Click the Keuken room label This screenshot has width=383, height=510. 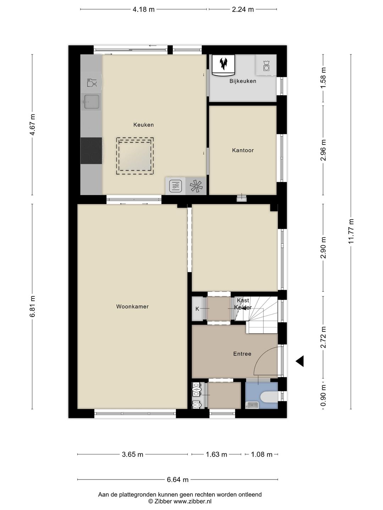(x=143, y=125)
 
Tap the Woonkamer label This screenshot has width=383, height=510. (x=132, y=307)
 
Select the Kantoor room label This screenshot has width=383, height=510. (x=243, y=150)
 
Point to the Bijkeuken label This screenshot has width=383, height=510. (x=243, y=81)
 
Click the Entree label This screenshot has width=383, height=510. (x=242, y=354)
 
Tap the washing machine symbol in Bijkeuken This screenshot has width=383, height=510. (x=266, y=66)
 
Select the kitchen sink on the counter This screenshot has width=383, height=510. (x=91, y=102)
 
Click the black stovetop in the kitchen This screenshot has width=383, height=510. (x=91, y=151)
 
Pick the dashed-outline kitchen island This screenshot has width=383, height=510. (x=135, y=156)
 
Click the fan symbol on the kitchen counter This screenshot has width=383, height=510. (x=196, y=186)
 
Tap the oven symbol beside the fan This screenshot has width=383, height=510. (x=176, y=186)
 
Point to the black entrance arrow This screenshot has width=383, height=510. (x=300, y=361)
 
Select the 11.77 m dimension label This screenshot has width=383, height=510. (x=351, y=231)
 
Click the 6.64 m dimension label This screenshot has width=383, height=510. (x=178, y=480)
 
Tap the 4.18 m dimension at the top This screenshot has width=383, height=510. (x=144, y=10)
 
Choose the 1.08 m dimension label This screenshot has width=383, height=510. (x=262, y=454)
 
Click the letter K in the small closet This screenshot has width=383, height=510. (x=197, y=309)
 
